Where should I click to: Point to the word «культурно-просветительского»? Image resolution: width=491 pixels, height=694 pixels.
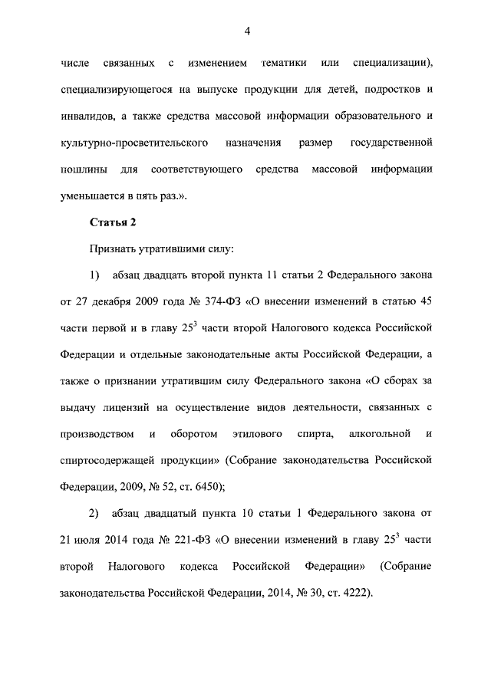pyautogui.click(x=119, y=143)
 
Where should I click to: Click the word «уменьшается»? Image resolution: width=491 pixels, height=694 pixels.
pyautogui.click(x=93, y=196)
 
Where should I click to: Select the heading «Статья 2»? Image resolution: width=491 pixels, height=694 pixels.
pyautogui.click(x=113, y=223)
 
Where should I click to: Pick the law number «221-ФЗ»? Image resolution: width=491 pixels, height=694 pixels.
pyautogui.click(x=189, y=539)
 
